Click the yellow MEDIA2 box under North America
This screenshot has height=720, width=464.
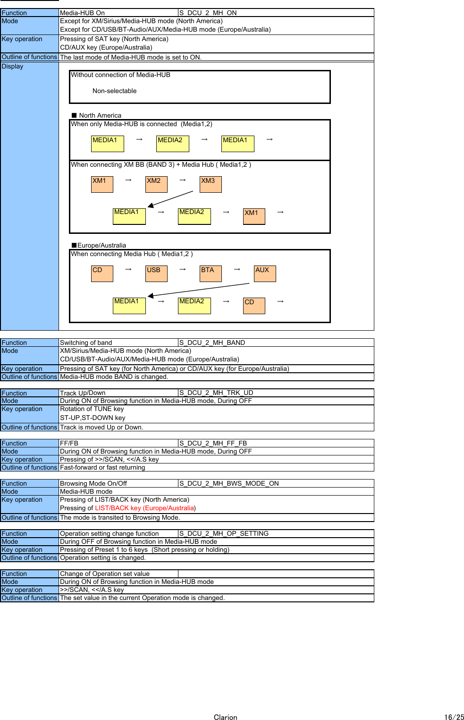(173, 144)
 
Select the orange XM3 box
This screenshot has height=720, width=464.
(211, 184)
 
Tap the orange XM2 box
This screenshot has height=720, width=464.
(156, 184)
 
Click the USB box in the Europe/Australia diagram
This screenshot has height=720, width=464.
(156, 274)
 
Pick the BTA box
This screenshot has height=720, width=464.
(211, 274)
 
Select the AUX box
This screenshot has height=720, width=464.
(265, 274)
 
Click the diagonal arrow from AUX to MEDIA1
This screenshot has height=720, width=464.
(198, 290)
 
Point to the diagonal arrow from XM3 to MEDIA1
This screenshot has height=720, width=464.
(170, 199)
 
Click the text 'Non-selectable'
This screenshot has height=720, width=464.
(114, 91)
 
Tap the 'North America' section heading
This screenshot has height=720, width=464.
(100, 115)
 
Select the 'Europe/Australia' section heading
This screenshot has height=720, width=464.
(101, 245)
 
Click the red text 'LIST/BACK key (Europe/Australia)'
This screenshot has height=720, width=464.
(144, 508)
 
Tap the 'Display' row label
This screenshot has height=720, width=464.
(13, 67)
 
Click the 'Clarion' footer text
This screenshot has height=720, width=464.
(225, 717)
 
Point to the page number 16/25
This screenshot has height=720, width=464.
(454, 717)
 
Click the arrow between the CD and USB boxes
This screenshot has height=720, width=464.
(128, 269)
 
